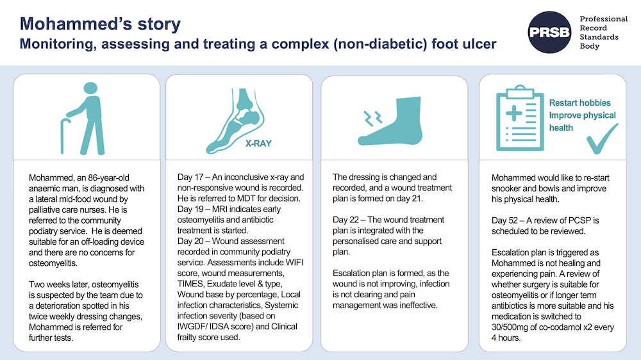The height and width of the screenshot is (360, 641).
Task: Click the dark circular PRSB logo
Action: (549, 32)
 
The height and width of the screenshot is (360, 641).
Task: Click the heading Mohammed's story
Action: (100, 24)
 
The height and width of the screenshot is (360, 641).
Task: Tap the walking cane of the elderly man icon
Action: (64, 136)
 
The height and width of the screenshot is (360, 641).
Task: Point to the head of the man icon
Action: (90, 88)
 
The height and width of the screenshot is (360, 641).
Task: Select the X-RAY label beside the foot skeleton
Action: (258, 143)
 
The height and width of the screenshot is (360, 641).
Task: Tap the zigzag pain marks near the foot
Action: (372, 118)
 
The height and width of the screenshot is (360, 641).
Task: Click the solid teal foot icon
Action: (391, 121)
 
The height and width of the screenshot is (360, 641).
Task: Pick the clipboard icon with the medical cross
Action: (520, 118)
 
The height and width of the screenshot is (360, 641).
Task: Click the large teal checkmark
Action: (602, 139)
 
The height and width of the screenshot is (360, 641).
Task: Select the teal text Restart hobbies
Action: (579, 102)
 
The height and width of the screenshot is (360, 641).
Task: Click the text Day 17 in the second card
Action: (190, 177)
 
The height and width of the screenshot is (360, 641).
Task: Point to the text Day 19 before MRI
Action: (190, 209)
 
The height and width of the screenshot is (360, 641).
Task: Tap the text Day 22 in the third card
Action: (346, 220)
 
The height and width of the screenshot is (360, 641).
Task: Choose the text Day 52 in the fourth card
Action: (504, 220)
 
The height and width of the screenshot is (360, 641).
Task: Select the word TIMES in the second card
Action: (190, 284)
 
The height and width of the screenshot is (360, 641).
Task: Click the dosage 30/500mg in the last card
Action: (511, 327)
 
